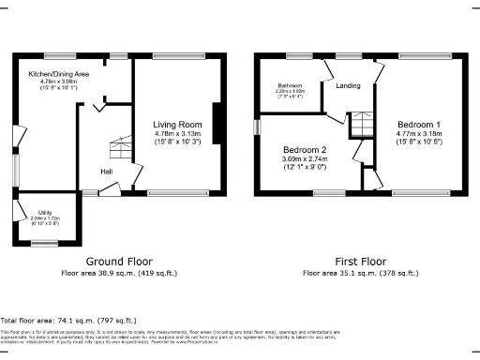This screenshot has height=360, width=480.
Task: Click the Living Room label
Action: (178, 124)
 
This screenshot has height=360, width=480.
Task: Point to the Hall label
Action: (108, 171)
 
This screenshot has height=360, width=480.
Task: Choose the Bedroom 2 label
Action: (306, 150)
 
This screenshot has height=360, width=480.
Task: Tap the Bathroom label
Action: (290, 85)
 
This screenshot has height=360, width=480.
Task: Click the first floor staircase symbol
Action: (362, 124)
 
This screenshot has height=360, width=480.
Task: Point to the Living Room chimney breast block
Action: (217, 125)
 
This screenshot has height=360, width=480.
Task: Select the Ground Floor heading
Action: (119, 262)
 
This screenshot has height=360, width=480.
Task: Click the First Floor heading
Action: (361, 262)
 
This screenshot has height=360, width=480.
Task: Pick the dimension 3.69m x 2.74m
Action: (306, 160)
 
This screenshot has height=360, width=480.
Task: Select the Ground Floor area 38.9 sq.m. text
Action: (119, 273)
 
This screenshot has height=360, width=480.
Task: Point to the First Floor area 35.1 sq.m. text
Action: (361, 273)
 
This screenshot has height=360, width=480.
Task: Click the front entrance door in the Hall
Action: (108, 189)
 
